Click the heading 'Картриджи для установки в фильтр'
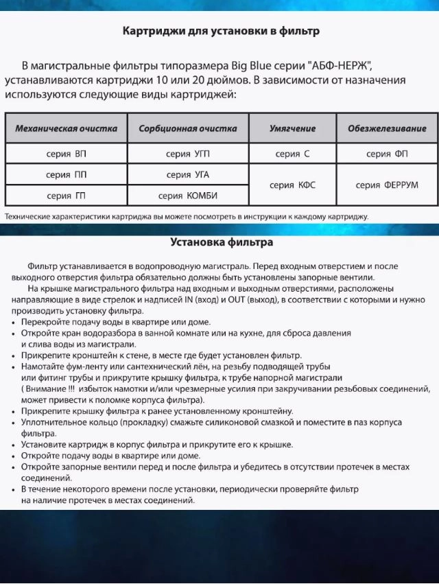click(x=220, y=32)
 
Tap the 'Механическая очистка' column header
click(x=66, y=128)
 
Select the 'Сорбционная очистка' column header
click(x=188, y=128)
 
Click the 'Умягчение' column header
click(x=292, y=128)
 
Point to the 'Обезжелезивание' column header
click(x=387, y=128)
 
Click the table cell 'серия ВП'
click(x=66, y=154)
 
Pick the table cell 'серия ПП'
click(x=66, y=174)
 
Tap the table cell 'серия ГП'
click(x=66, y=196)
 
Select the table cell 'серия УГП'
click(x=188, y=154)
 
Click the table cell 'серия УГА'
click(x=188, y=174)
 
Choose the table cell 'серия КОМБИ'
click(x=188, y=196)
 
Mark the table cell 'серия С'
click(x=292, y=154)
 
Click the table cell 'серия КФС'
click(x=292, y=185)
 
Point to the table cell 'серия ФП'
click(x=387, y=154)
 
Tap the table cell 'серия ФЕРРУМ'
click(x=387, y=185)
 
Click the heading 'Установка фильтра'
click(x=221, y=242)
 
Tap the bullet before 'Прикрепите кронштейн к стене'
click(x=15, y=356)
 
